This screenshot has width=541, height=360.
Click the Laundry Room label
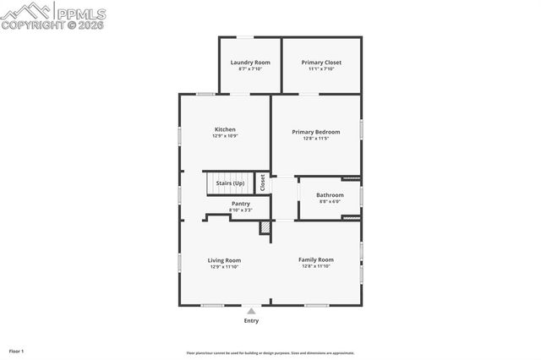pos(250,63)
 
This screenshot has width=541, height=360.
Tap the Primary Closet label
pos(321,63)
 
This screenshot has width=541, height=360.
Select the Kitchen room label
pos(225,129)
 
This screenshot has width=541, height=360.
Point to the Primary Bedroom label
pos(316,132)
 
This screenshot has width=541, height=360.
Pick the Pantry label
pos(240,204)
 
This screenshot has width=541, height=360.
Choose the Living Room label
pos(225,260)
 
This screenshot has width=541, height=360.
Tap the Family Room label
pos(316,259)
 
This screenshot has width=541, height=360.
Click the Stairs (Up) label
pos(230,183)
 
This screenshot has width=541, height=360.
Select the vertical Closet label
pos(263,183)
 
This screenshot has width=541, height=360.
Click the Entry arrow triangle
pos(251,311)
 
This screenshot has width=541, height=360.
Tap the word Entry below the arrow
pos(251,321)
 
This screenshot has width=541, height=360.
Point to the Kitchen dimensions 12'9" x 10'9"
pos(225,136)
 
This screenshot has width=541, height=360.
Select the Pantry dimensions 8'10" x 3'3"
pos(240,210)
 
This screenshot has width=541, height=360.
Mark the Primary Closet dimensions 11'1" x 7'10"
pos(321,69)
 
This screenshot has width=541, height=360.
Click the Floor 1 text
pos(17,350)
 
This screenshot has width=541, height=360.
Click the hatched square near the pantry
pos(265,227)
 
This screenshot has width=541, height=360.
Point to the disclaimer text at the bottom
pos(270,353)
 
